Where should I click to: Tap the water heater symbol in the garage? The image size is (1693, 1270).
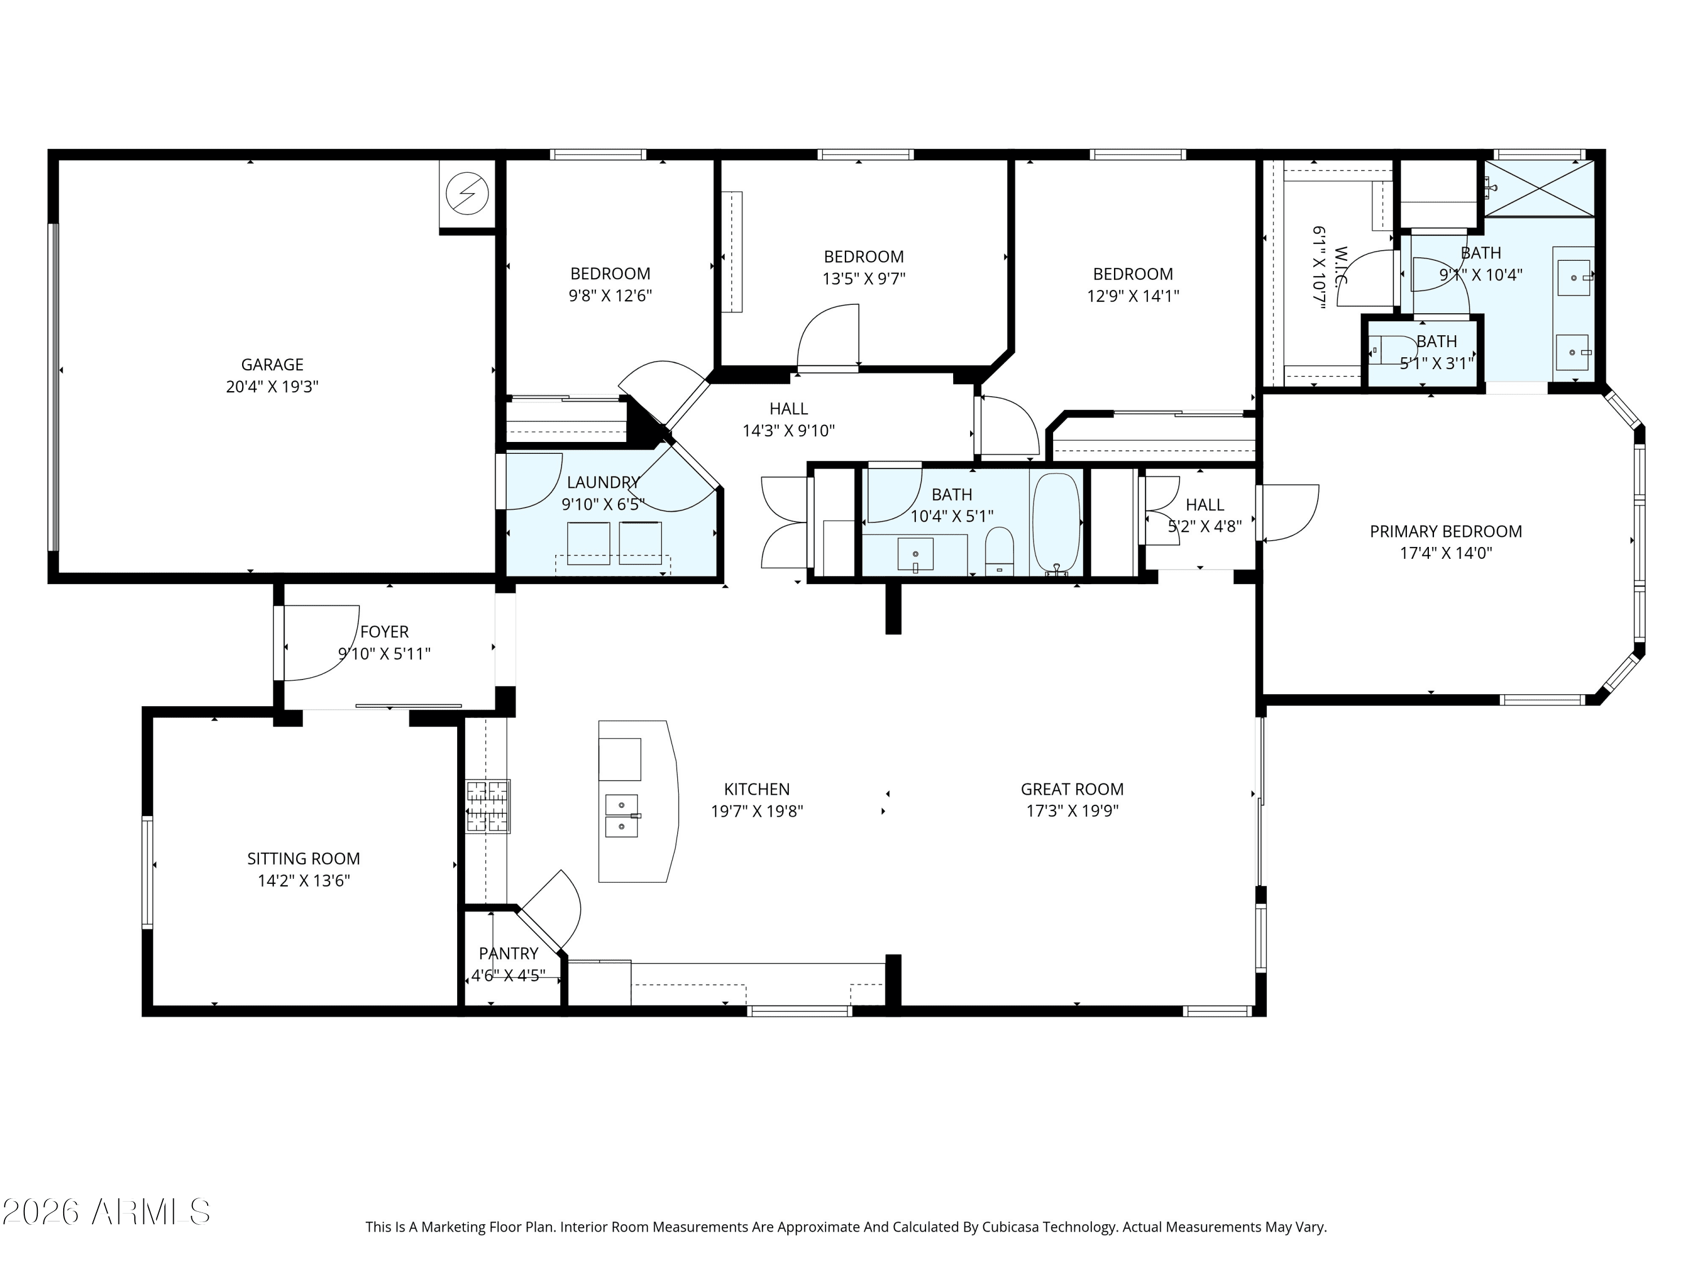click(x=467, y=194)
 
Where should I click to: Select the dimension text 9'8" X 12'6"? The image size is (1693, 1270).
click(x=609, y=296)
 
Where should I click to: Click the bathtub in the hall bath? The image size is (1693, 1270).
click(x=1056, y=523)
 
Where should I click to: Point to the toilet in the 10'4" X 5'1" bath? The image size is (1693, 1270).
click(x=999, y=550)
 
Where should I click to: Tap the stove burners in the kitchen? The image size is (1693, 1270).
click(x=488, y=805)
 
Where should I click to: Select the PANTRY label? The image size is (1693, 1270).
click(x=508, y=953)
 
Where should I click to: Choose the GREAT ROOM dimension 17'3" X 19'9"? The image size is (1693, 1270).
click(x=1072, y=811)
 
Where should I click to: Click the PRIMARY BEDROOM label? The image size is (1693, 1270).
click(x=1445, y=531)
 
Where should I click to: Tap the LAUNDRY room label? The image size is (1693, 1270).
click(x=603, y=482)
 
